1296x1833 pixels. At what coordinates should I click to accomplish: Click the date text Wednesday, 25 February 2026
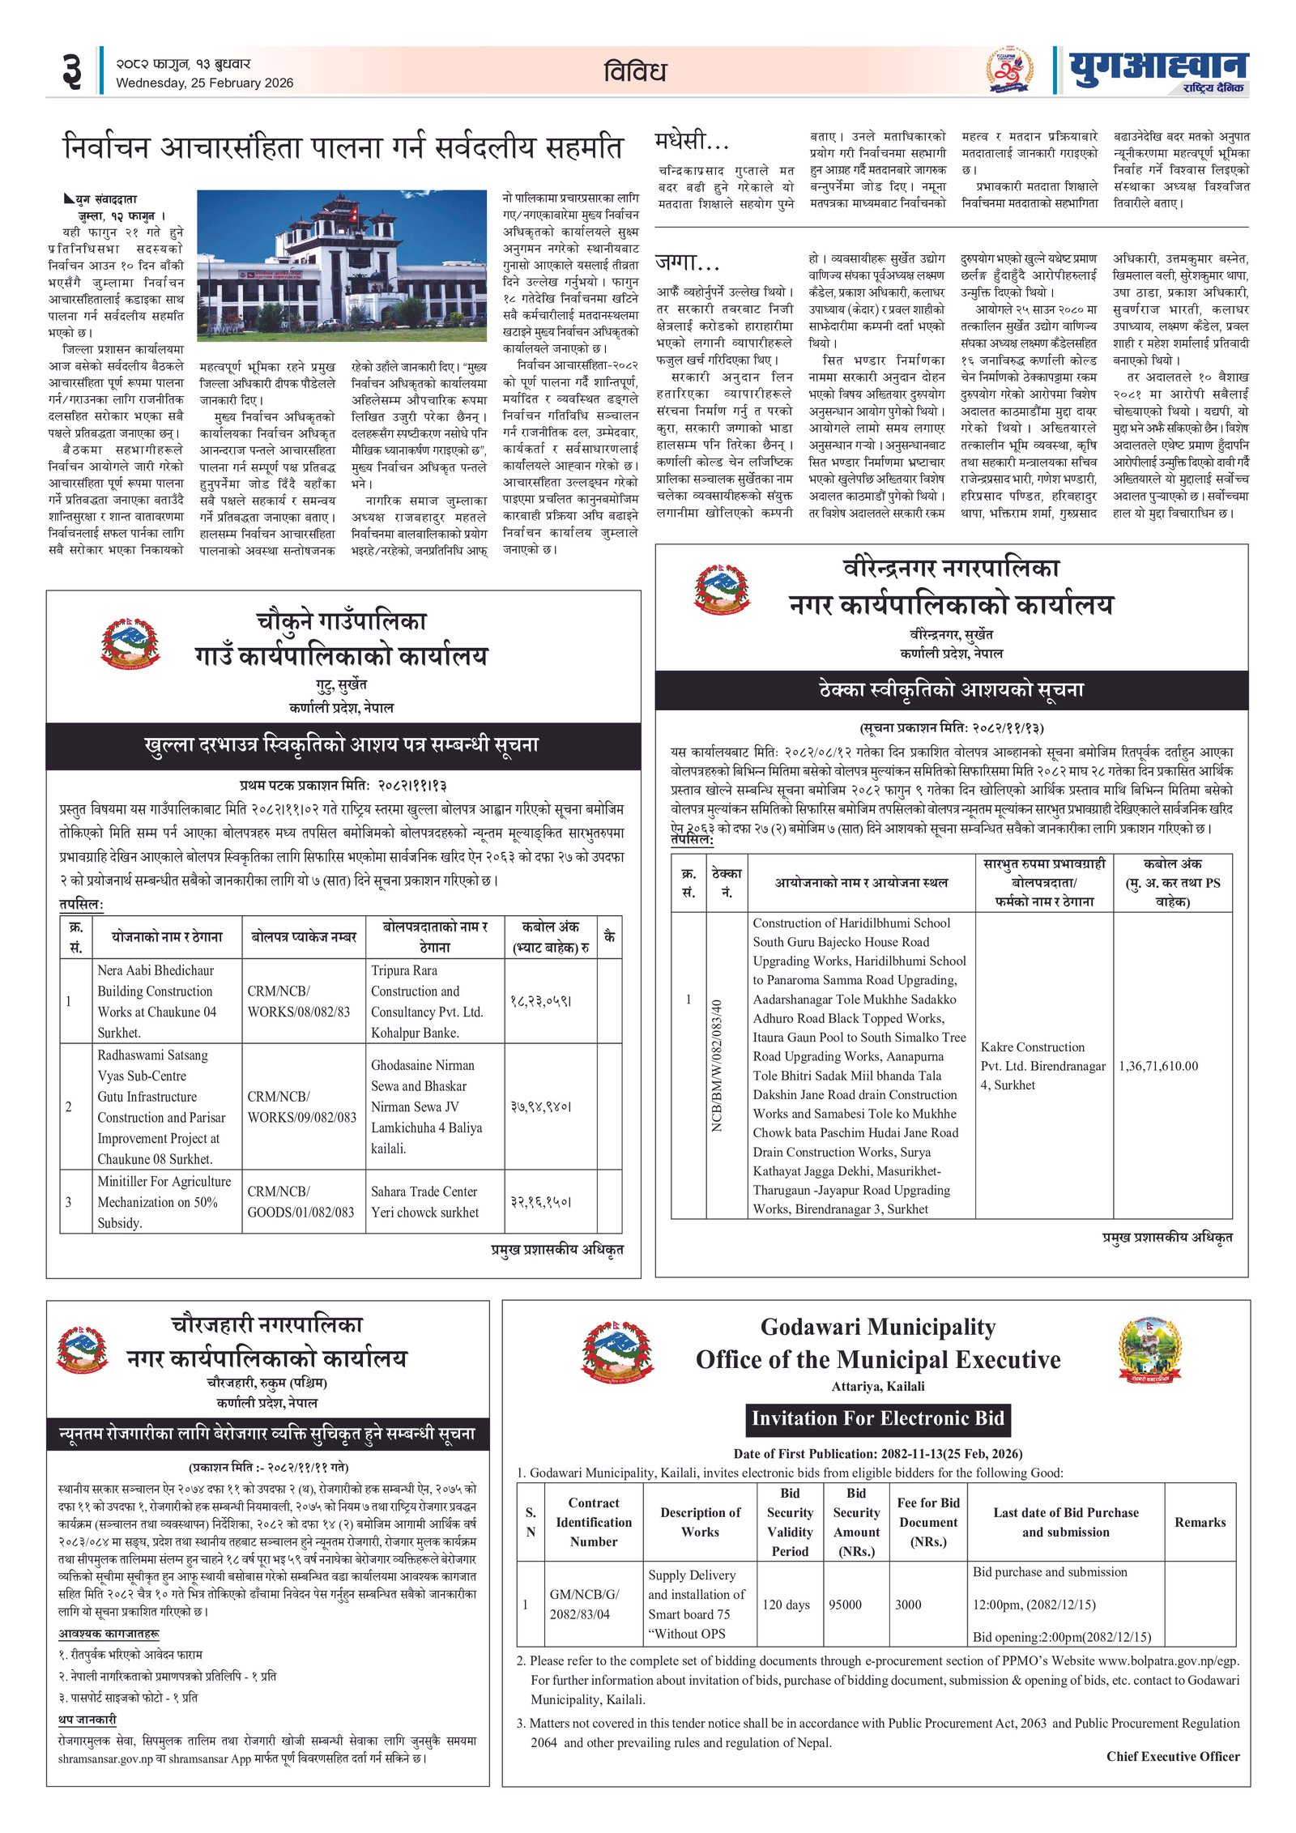click(x=204, y=83)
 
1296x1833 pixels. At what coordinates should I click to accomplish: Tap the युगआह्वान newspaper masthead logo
click(x=1158, y=70)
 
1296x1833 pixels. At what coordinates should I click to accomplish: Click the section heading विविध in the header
click(x=635, y=71)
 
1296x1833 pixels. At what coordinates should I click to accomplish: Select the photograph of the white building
click(x=341, y=266)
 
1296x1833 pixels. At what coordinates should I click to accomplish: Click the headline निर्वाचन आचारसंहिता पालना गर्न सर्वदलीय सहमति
click(x=343, y=147)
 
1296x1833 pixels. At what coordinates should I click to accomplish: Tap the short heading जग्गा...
click(x=687, y=262)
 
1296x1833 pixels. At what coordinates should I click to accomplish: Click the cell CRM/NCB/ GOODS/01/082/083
click(x=301, y=1201)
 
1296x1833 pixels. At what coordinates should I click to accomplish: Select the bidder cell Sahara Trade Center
click(x=424, y=1201)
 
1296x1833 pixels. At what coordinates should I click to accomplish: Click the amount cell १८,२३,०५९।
click(x=541, y=1001)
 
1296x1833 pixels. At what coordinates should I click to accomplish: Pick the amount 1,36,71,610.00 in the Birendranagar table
click(x=1157, y=1066)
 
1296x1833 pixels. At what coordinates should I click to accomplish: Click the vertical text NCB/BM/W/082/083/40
click(x=717, y=1066)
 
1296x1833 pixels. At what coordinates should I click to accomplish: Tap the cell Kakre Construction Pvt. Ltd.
click(x=1042, y=1066)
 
